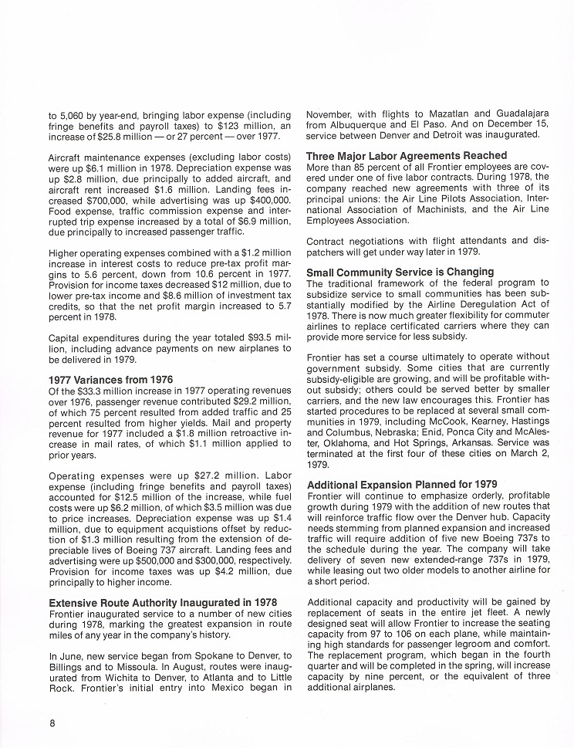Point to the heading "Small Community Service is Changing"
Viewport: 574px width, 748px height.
click(400, 272)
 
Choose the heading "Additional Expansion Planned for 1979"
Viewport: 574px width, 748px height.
click(402, 484)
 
